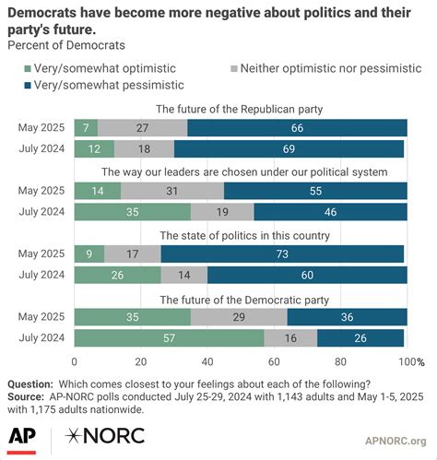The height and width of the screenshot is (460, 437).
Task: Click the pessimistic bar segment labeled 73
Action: (x=283, y=254)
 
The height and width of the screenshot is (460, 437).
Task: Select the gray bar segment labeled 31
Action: (x=171, y=190)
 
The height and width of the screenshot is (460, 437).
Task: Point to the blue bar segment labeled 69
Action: (x=289, y=148)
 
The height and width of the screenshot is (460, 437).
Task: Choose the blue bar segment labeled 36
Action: (x=347, y=316)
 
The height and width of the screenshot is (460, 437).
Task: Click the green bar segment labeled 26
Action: (x=116, y=275)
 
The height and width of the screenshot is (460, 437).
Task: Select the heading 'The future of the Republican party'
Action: (x=240, y=109)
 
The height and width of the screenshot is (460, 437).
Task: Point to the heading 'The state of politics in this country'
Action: (x=240, y=235)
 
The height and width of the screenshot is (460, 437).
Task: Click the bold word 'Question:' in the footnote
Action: (x=31, y=383)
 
